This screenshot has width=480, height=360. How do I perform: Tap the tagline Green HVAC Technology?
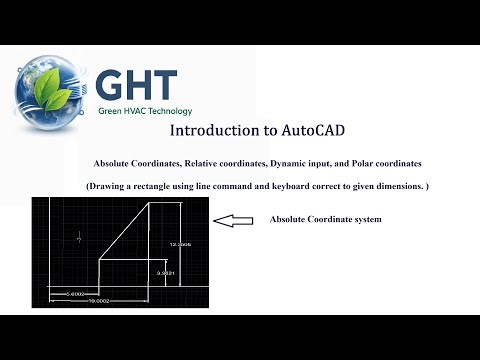point(145,111)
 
